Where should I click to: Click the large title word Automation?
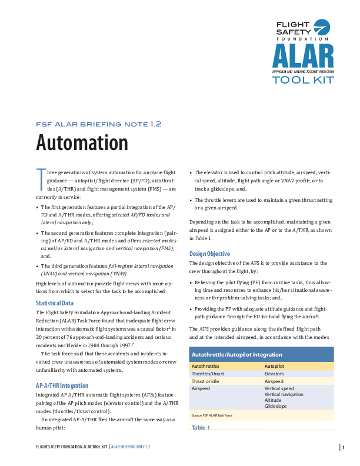82,143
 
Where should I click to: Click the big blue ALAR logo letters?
302,56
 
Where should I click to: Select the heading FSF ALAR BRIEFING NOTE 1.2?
98,124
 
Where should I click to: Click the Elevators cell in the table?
275,374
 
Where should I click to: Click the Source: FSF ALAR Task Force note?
212,415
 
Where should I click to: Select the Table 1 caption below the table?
201,427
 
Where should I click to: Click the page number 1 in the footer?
342,447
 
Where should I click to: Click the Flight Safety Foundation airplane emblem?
322,27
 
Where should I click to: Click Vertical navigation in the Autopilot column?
284,394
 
